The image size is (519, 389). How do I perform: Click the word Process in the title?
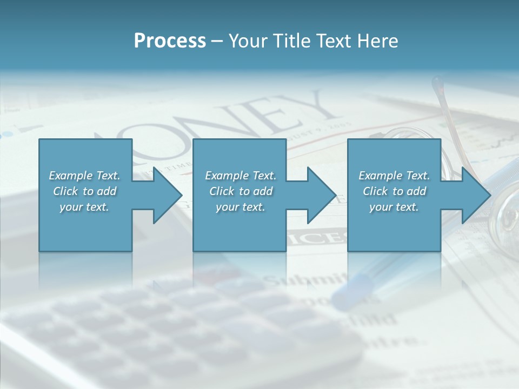click(x=170, y=41)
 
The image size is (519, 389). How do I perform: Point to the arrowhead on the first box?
click(x=165, y=195)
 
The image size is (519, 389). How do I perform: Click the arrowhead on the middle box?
click(x=320, y=195)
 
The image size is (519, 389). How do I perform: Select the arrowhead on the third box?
click(x=474, y=195)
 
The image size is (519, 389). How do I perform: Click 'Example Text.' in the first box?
click(x=85, y=176)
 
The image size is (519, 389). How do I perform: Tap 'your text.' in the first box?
click(x=85, y=207)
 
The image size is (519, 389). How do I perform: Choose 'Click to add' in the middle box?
click(x=241, y=191)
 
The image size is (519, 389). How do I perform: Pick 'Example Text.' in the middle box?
click(x=241, y=176)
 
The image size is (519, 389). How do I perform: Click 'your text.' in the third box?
click(x=394, y=207)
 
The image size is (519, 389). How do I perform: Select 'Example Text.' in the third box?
click(x=394, y=176)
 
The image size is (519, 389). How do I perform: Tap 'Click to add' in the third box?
click(x=394, y=191)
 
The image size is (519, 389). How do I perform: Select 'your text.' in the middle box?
click(x=241, y=207)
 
